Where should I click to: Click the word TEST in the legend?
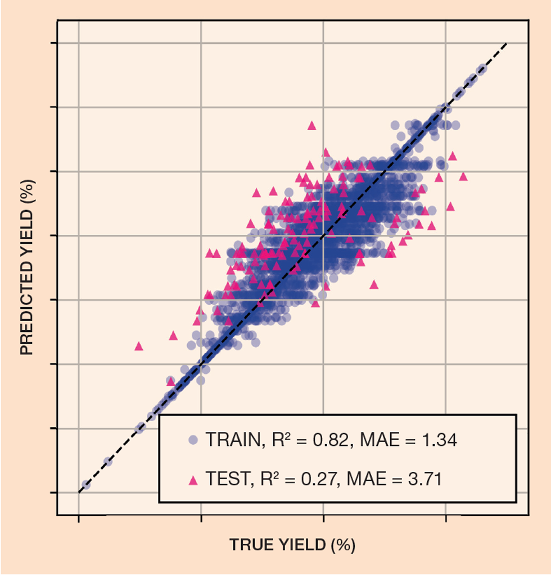[227, 479]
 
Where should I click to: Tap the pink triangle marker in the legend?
[193, 480]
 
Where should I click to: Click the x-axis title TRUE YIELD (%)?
[292, 544]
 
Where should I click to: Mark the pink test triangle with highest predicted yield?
[311, 125]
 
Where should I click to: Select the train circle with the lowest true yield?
[86, 484]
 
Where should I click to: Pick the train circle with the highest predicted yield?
[481, 70]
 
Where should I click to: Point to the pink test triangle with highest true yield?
[463, 176]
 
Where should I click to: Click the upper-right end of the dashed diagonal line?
[507, 43]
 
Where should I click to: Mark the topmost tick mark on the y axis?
[53, 43]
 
